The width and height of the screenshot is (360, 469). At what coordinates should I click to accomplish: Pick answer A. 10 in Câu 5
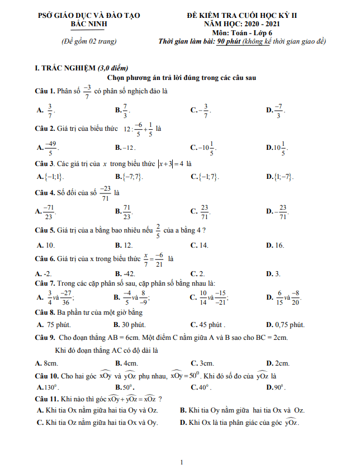pos(46,245)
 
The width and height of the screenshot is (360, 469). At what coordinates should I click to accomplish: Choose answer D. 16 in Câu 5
pos(276,245)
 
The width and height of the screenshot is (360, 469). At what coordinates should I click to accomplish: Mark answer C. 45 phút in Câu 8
pos(208,324)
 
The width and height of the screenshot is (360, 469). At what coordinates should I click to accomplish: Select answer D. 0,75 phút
pos(286,324)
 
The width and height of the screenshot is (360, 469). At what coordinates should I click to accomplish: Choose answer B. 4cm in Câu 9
pos(124,363)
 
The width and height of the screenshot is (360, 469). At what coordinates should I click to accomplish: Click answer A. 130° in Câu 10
pos(48,387)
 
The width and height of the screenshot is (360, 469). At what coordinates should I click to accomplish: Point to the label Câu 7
pos(45,283)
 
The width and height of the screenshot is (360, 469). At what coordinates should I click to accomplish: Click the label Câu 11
pos(47,399)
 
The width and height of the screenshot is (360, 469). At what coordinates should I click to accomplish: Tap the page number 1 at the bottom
pos(182,462)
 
